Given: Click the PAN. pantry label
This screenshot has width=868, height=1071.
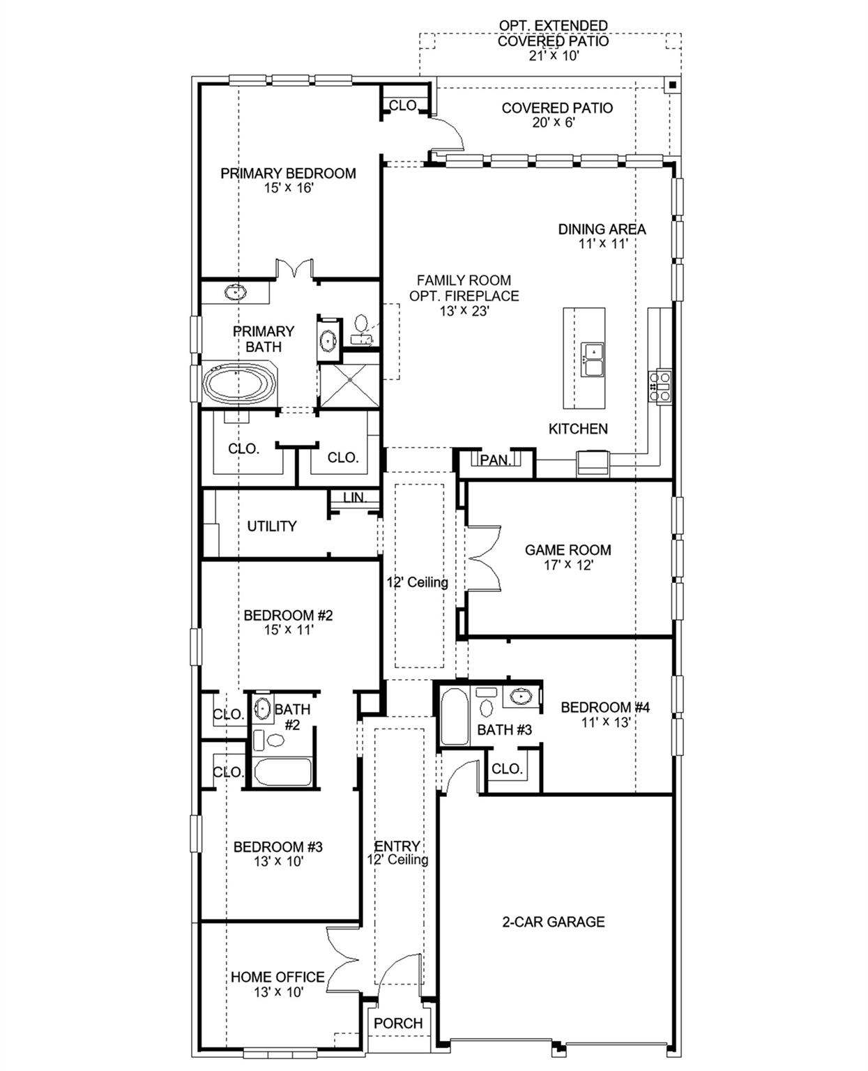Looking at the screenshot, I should click(496, 460).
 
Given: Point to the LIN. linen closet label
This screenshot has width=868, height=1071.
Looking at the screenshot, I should click(355, 498).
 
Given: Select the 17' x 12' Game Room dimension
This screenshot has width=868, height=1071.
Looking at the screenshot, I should click(568, 565).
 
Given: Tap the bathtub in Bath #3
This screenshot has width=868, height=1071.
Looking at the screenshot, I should click(455, 717).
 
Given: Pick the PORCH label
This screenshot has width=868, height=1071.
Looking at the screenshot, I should click(398, 1024).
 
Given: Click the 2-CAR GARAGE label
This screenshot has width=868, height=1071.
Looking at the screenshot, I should click(554, 922).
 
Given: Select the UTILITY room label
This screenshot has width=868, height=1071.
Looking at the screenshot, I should click(272, 526).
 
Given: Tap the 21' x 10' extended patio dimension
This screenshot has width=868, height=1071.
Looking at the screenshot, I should click(554, 56).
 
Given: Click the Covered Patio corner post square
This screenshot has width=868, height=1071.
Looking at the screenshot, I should click(672, 85).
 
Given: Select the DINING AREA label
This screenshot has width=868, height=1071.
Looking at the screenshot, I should click(602, 229).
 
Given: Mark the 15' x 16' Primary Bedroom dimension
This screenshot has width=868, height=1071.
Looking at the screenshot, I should click(289, 188).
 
